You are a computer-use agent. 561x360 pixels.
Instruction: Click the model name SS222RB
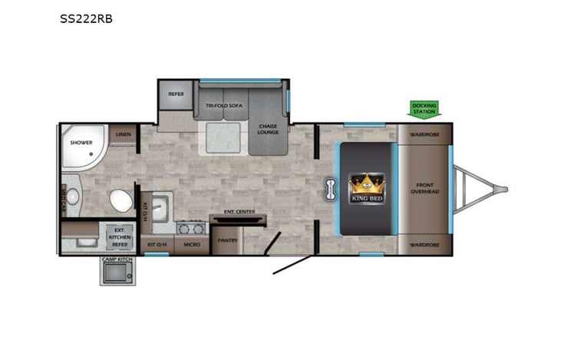click(x=86, y=18)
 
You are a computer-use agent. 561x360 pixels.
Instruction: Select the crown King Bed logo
click(x=367, y=188)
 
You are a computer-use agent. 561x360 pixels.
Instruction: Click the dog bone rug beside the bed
click(x=330, y=189)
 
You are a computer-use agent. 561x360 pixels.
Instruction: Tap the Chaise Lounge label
click(x=267, y=128)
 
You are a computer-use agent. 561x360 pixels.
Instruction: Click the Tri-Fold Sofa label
click(x=222, y=106)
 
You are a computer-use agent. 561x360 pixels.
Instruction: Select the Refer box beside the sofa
click(x=176, y=94)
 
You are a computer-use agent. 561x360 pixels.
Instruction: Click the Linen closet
click(x=123, y=134)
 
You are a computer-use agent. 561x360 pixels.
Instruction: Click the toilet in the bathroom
click(x=120, y=201)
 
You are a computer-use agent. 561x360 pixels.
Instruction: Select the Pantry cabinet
click(x=228, y=240)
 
